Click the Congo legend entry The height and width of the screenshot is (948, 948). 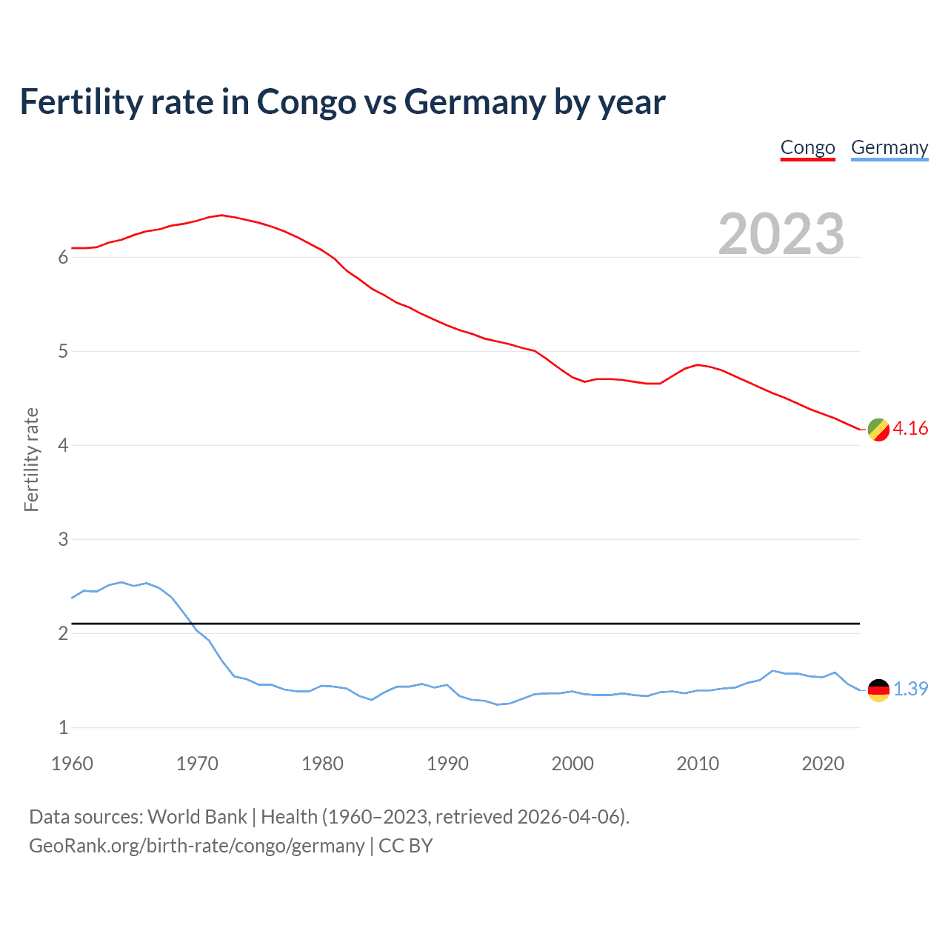click(x=807, y=147)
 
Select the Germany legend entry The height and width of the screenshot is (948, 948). click(x=889, y=147)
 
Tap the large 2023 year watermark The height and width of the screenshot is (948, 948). click(x=781, y=234)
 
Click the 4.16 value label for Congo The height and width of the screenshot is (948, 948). click(x=910, y=429)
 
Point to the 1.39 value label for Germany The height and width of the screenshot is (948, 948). click(x=910, y=689)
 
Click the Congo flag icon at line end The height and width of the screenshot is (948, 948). click(x=878, y=430)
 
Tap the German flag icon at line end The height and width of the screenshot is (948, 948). click(x=878, y=690)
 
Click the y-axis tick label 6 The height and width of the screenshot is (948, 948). click(x=63, y=257)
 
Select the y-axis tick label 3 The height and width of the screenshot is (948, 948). click(x=63, y=539)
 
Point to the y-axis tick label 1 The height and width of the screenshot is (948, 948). click(x=63, y=727)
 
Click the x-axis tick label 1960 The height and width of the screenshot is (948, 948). click(x=72, y=764)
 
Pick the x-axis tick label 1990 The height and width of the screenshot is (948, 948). click(x=447, y=764)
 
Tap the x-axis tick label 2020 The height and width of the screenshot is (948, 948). click(x=823, y=764)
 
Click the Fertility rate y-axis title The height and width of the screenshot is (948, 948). click(x=31, y=459)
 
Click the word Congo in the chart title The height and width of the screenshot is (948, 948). click(x=306, y=101)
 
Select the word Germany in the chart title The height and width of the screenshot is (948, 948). click(x=475, y=101)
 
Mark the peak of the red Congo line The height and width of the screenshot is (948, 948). click(x=222, y=215)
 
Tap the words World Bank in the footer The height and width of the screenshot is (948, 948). click(x=197, y=817)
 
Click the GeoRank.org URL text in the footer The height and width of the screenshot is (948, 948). click(x=196, y=846)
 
